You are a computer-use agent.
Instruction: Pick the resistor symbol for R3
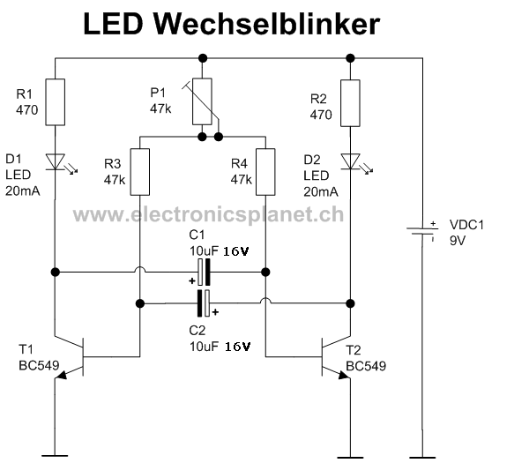pos(139,170)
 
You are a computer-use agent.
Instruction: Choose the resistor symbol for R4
pos(265,170)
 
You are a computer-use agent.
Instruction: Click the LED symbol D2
pos(350,161)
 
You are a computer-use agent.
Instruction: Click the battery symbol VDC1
pos(423,232)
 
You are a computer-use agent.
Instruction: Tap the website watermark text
pos(208,214)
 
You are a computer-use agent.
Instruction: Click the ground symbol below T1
pos(55,455)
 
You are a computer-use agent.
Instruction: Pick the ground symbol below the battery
pos(423,455)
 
